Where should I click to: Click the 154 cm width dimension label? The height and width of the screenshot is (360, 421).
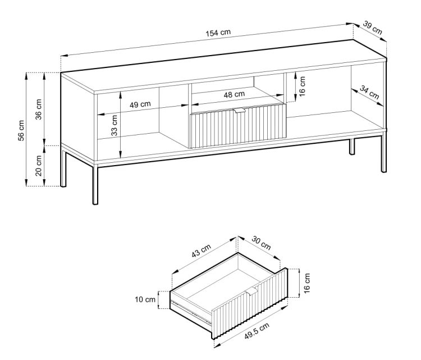point(218,33)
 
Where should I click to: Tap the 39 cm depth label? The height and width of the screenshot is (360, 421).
point(372,28)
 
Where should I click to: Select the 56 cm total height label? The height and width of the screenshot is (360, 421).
point(21,130)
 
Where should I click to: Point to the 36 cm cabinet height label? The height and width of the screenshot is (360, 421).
point(39,110)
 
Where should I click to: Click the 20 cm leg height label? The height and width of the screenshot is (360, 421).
point(39,166)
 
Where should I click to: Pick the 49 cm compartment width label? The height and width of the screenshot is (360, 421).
point(140,104)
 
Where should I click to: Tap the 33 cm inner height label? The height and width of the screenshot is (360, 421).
point(114,125)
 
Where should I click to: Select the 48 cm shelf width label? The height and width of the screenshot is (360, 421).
point(234,94)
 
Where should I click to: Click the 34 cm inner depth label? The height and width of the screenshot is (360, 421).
point(369,92)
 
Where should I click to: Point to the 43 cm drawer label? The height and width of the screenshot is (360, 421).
point(202,250)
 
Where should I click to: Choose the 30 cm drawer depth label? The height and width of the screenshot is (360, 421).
point(261,243)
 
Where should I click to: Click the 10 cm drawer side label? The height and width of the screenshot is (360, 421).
point(145,299)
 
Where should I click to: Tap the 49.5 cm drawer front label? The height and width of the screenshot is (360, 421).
point(257,331)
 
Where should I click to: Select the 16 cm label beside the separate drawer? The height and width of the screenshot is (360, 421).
point(307,283)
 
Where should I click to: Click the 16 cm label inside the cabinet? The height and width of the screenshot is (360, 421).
point(302,86)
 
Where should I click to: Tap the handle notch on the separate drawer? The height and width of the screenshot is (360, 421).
point(252,290)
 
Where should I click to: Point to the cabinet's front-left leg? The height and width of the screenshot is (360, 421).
point(95,185)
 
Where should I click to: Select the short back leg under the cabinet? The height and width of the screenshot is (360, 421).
point(352,147)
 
